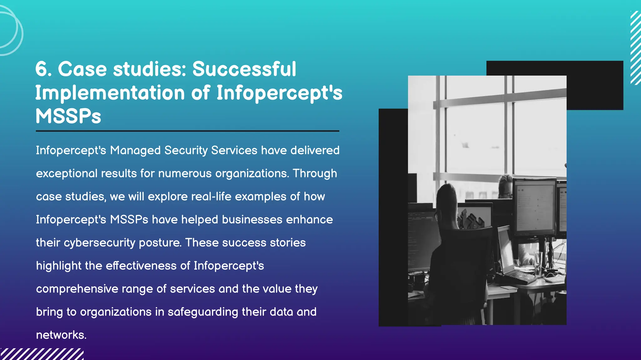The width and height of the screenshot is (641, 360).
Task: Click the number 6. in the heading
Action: click(x=44, y=69)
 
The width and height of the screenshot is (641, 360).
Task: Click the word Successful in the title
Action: click(x=244, y=69)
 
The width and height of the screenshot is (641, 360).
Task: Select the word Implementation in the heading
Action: click(x=110, y=93)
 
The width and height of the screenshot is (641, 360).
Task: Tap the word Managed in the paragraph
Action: click(x=135, y=151)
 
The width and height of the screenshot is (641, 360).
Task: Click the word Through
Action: click(x=315, y=174)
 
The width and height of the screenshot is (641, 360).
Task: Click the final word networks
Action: click(x=61, y=335)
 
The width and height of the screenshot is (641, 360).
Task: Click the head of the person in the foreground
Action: click(x=448, y=200)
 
